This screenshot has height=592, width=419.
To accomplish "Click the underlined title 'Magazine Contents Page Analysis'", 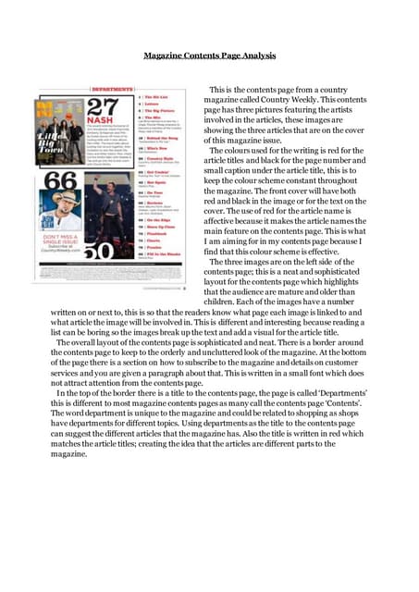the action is [x=210, y=55].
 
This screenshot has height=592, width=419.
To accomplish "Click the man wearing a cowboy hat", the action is [x=62, y=205].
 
